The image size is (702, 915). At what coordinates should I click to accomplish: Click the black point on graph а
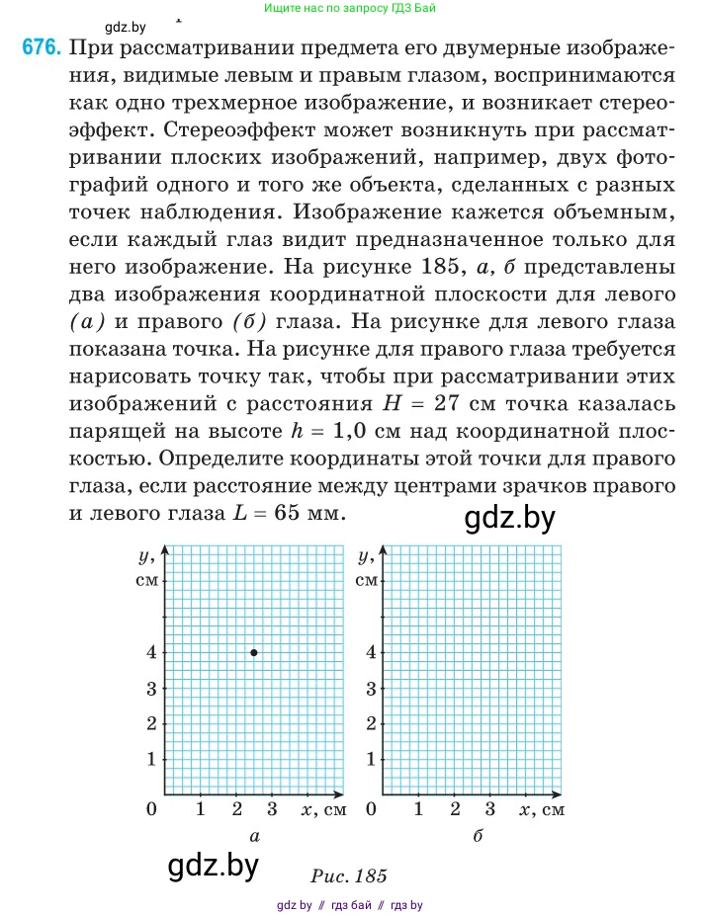(x=254, y=652)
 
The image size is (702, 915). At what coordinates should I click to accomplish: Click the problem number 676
(x=43, y=47)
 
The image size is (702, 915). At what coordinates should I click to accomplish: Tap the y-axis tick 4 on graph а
(x=151, y=652)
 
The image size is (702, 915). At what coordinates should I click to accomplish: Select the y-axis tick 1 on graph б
(x=371, y=759)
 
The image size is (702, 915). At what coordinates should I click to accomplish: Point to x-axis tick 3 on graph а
(x=273, y=810)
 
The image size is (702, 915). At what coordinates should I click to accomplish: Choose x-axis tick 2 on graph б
(x=455, y=810)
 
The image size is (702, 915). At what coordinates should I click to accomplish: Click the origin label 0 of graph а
(x=152, y=810)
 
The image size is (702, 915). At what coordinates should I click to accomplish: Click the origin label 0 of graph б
(x=371, y=810)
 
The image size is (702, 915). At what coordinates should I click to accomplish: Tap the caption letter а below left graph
(x=255, y=836)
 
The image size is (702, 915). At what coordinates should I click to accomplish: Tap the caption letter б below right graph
(x=478, y=836)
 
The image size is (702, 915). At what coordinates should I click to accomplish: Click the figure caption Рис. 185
(x=348, y=875)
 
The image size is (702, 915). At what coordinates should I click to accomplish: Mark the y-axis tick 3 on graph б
(x=371, y=688)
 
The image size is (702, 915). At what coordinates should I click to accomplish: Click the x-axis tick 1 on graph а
(x=201, y=810)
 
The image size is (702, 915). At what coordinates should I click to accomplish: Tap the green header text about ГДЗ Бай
(x=351, y=8)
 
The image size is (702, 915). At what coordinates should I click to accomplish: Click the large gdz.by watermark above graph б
(x=509, y=518)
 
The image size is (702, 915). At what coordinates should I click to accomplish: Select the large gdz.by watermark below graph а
(x=213, y=867)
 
